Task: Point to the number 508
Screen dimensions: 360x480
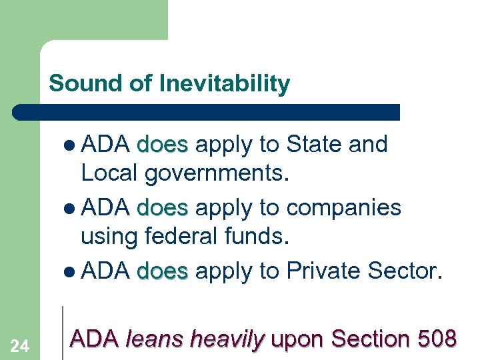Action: pos(436,339)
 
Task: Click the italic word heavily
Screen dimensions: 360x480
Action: pos(227,340)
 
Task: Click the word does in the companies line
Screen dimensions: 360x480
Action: pos(163,207)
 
